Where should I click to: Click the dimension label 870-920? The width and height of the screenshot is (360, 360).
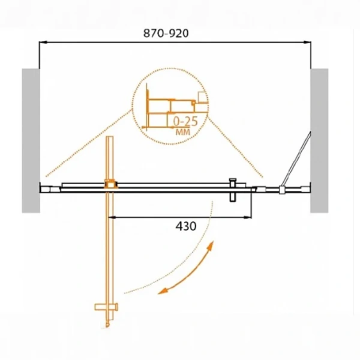pyautogui.click(x=166, y=33)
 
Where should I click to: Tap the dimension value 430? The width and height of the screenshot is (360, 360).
pyautogui.click(x=186, y=226)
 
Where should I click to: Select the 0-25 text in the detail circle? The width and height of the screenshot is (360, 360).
pyautogui.click(x=185, y=121)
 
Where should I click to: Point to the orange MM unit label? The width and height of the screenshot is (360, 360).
pyautogui.click(x=183, y=132)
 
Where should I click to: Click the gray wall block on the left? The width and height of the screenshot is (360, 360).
pyautogui.click(x=31, y=140)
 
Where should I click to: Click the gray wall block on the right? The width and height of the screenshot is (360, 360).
pyautogui.click(x=319, y=140)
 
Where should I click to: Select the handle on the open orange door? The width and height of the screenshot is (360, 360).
pyautogui.click(x=107, y=307)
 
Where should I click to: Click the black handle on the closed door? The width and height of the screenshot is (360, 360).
pyautogui.click(x=233, y=190)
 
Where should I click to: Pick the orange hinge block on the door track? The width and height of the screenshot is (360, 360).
pyautogui.click(x=111, y=184)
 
